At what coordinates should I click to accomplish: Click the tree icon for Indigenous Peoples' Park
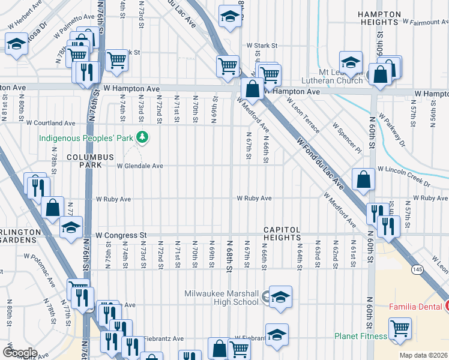142,137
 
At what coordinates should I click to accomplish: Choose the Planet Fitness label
361,336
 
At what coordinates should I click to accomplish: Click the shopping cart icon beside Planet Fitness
400,328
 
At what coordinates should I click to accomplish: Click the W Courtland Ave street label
51,122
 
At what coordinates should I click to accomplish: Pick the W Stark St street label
262,45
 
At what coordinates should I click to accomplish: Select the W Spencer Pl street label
347,138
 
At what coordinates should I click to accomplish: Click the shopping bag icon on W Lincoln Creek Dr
364,178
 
